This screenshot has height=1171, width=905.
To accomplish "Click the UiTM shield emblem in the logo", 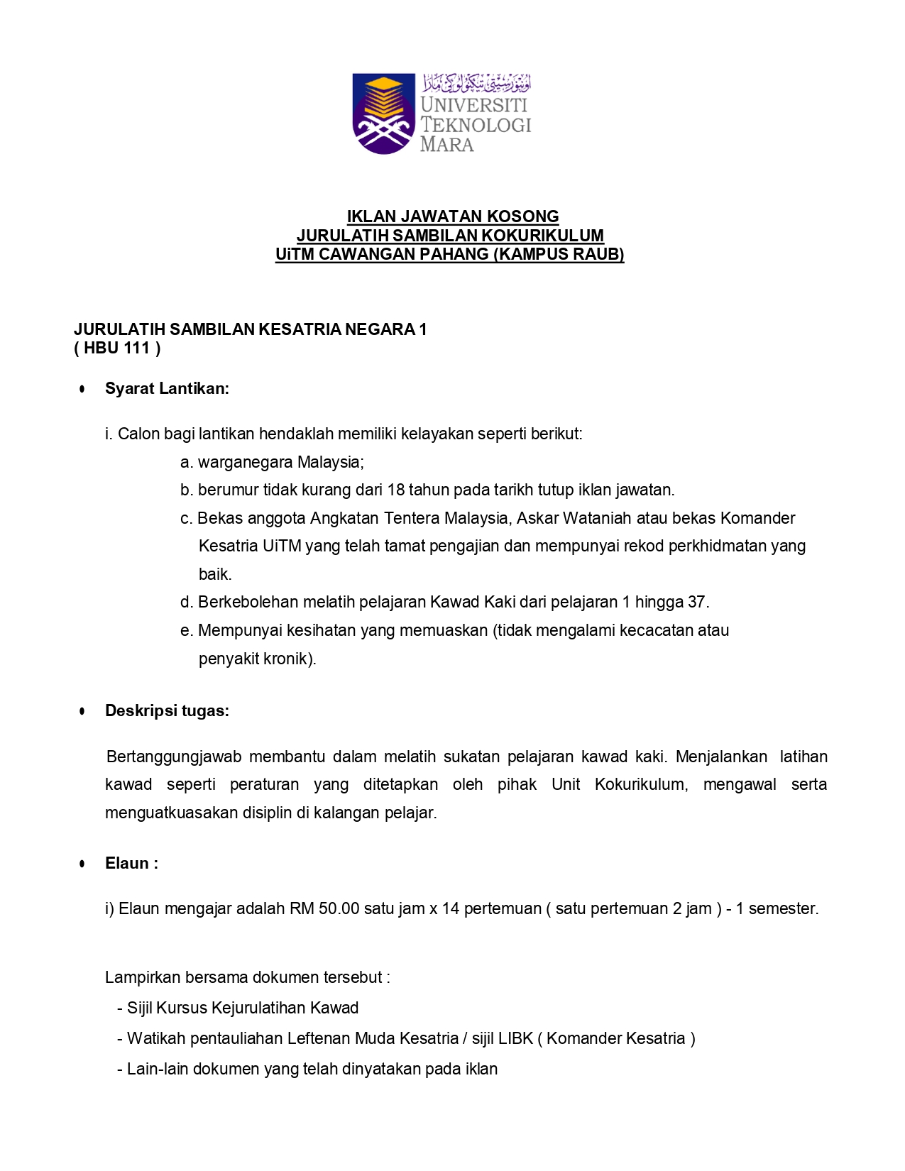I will (384, 114).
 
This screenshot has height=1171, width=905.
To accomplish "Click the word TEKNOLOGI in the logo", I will (476, 125).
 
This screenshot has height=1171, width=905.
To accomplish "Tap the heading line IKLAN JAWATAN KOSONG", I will (453, 216).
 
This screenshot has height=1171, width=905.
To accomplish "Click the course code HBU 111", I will (117, 348).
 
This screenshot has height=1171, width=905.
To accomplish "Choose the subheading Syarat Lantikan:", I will (167, 388).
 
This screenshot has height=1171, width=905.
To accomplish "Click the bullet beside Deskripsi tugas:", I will (83, 711).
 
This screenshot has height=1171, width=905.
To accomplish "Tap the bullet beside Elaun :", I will (83, 864).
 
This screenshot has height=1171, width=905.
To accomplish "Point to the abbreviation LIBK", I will (515, 1038).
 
